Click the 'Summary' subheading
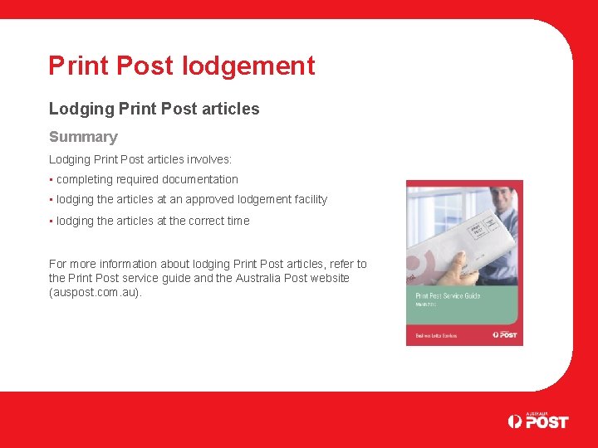point(83,137)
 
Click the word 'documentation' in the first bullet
point(199,179)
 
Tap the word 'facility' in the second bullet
point(306,199)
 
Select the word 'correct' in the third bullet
point(200,221)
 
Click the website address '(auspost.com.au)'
point(96,293)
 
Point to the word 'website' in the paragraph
point(329,278)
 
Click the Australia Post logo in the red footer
point(538,421)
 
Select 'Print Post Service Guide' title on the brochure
point(448,295)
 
